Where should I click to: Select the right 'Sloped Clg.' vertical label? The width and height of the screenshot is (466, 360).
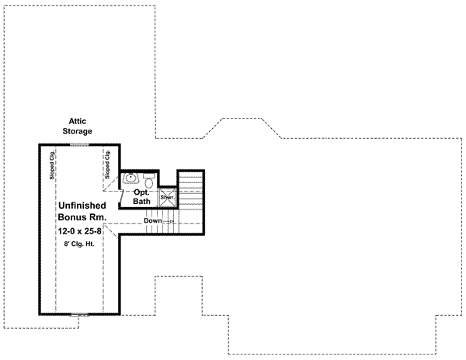108,166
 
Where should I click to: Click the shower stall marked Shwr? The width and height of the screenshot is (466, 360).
167,198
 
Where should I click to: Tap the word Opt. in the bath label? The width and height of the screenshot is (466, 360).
141,191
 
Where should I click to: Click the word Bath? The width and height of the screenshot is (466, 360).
141,202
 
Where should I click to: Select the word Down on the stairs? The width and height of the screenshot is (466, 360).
153,221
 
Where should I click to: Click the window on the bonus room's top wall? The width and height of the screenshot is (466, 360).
80,144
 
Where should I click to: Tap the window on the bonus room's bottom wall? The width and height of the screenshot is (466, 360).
80,314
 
